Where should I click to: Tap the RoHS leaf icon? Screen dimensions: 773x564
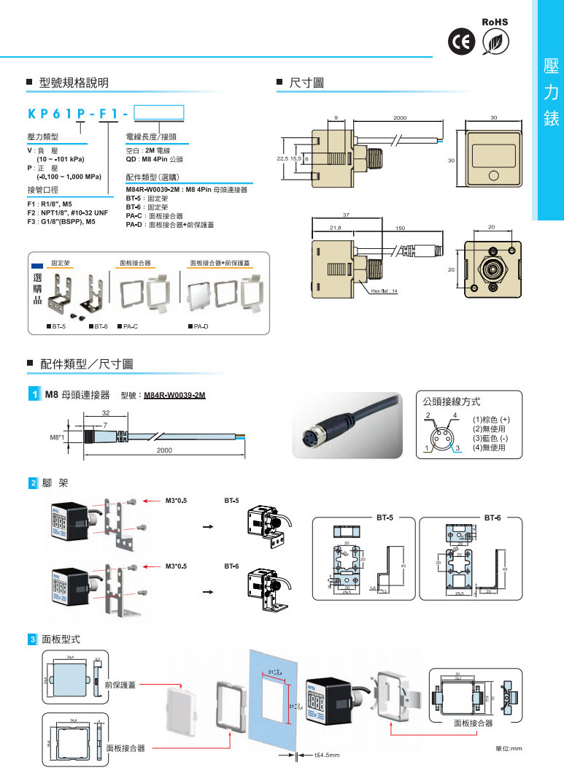495,42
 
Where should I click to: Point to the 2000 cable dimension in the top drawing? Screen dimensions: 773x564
399,118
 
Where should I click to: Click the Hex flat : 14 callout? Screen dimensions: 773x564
384,291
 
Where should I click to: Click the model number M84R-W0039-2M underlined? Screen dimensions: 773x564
175,395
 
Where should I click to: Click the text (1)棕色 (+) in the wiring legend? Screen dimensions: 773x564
491,420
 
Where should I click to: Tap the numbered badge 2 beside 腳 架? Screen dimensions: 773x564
34,483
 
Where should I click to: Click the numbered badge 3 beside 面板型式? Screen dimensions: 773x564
34,639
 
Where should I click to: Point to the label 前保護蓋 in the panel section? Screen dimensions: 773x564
120,685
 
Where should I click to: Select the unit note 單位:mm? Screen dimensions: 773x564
509,748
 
